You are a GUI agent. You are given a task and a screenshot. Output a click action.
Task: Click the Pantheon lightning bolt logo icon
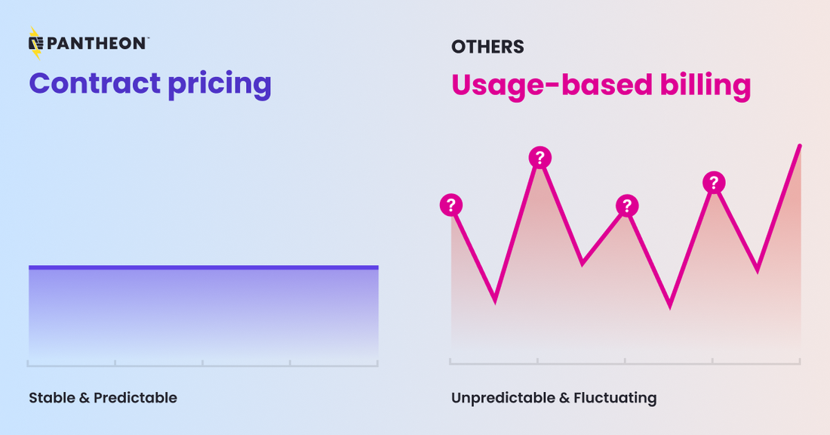(35, 43)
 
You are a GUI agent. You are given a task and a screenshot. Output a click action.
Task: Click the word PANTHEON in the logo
(96, 44)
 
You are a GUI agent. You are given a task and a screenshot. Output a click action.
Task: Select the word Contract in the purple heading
(95, 83)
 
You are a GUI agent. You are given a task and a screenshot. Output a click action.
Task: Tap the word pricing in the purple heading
(220, 85)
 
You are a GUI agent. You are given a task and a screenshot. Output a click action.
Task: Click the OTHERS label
(487, 47)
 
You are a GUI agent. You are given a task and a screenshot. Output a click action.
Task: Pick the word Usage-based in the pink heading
(552, 85)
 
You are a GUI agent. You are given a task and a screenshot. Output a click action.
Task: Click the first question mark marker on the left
(451, 205)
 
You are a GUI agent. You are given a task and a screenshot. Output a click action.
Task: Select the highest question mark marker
(540, 157)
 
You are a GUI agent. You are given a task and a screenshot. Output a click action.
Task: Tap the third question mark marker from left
(627, 205)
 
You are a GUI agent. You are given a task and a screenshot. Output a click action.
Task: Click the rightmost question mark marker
(714, 183)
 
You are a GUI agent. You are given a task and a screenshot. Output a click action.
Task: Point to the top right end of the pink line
(799, 146)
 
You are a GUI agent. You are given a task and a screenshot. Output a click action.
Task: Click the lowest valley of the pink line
(670, 307)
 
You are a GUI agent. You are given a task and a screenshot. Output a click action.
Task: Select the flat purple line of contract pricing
(204, 267)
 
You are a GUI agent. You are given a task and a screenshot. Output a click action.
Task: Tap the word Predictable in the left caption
(136, 398)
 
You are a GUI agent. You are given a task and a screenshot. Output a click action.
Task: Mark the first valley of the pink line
(495, 301)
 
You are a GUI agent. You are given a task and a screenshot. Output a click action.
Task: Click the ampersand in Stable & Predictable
(85, 398)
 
